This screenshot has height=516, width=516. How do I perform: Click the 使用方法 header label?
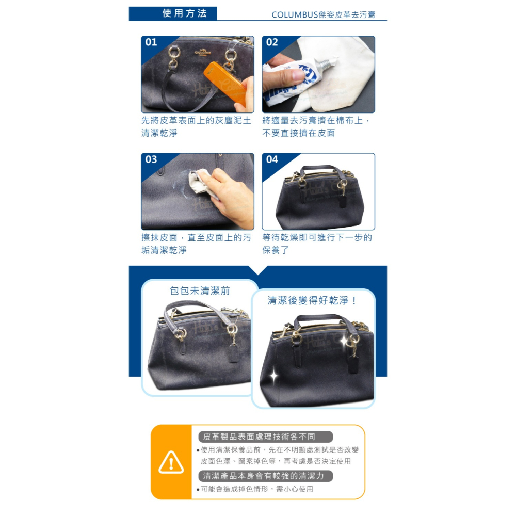tap(184, 13)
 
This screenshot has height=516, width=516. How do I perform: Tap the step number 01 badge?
tap(151, 42)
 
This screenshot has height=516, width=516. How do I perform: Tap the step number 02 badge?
tap(272, 42)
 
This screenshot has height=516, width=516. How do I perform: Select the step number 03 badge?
tap(151, 159)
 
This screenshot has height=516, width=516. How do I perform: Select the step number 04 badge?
tap(272, 159)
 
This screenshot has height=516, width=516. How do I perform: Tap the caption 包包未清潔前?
tap(200, 291)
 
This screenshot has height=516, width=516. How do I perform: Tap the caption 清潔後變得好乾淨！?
tap(313, 300)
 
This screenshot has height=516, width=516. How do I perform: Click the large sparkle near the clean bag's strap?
tap(344, 340)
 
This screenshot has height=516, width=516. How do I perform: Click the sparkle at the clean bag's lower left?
tap(273, 376)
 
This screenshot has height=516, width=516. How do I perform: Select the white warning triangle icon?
tap(171, 462)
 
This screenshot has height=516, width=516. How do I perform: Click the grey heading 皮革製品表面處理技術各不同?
tap(260, 437)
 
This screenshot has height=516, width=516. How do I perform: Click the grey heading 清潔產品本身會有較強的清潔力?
tap(264, 476)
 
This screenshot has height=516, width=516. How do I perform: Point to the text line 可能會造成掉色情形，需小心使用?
tap(256, 489)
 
